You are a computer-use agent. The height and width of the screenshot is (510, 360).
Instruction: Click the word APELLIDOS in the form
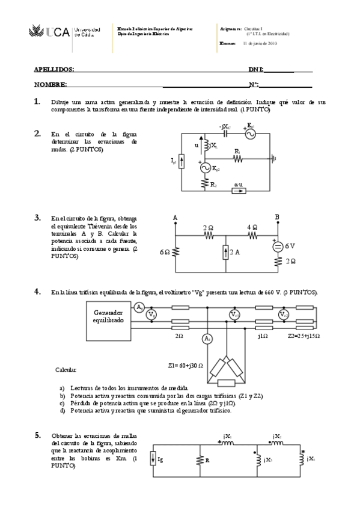click(54, 70)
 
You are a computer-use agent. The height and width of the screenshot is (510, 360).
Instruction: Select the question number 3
click(37, 218)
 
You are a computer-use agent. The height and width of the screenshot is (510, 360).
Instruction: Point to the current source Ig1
click(183, 161)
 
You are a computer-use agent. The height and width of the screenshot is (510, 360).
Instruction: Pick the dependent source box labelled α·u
click(239, 191)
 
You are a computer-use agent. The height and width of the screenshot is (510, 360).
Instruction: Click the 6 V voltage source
click(278, 247)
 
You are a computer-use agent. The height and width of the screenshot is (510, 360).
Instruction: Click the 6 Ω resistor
click(175, 253)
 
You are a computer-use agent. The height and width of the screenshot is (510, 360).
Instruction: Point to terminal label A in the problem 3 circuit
click(175, 217)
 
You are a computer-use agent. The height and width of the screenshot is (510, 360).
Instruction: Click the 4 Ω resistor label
click(252, 227)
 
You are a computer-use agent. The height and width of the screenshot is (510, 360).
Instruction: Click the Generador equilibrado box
click(108, 317)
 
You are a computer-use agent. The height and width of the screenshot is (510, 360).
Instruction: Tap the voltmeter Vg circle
click(152, 315)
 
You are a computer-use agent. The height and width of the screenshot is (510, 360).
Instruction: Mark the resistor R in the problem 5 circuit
click(199, 460)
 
